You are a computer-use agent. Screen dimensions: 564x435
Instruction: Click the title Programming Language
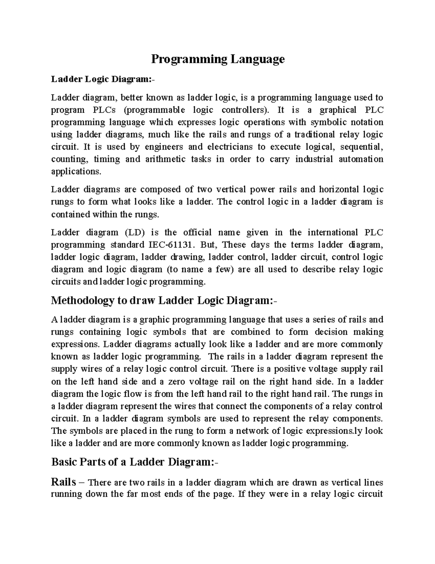pos(217,59)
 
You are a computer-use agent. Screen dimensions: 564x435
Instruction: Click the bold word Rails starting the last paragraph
pos(64,482)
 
